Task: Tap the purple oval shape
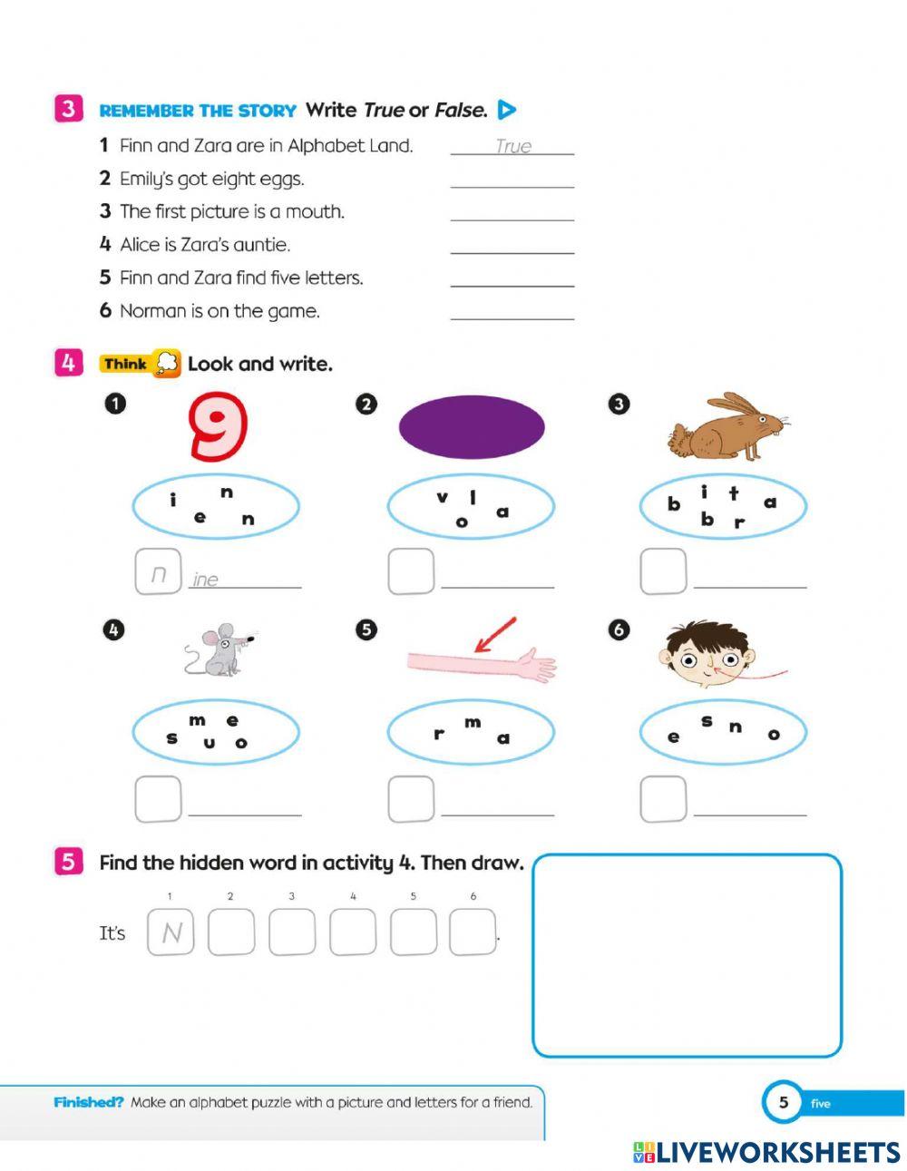472,425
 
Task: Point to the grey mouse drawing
219,649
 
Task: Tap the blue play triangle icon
507,110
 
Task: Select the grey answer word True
513,146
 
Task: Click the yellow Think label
126,364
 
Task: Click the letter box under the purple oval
411,571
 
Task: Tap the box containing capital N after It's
171,932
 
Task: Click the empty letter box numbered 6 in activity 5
473,932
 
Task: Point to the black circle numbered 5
366,629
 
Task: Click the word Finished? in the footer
88,1103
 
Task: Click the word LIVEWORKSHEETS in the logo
778,1153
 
